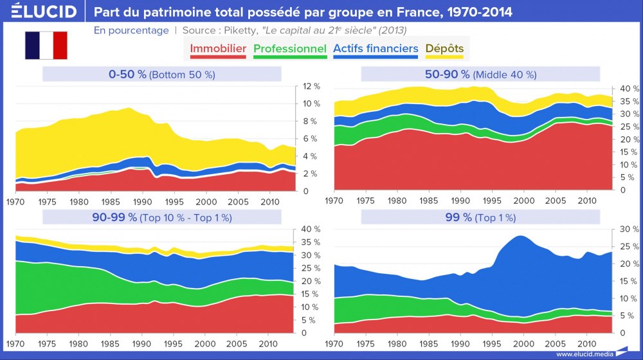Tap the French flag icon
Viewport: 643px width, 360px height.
[x=46, y=45]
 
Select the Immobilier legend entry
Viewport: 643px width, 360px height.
[x=218, y=49]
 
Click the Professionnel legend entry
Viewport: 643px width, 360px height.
[x=290, y=49]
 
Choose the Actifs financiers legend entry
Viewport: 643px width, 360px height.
[x=376, y=49]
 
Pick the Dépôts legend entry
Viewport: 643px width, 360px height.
[x=444, y=49]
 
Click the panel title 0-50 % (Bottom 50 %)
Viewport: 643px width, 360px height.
[x=162, y=75]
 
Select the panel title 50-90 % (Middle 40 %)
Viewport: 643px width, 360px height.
[x=480, y=75]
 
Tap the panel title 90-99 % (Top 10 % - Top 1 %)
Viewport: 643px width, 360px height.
[x=162, y=217]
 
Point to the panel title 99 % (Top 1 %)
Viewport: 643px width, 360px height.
[x=480, y=217]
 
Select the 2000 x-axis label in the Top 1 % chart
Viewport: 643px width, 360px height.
[x=523, y=343]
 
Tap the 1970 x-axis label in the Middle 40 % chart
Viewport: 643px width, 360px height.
[x=334, y=201]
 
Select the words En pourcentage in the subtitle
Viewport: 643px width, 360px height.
[x=131, y=30]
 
